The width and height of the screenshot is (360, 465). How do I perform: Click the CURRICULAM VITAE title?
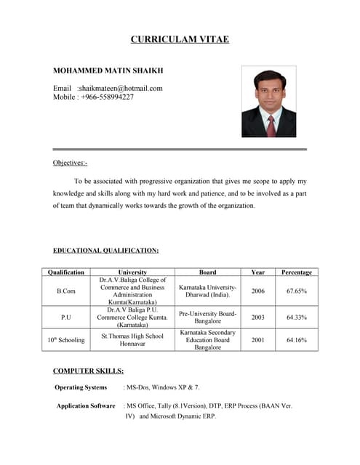coord(180,39)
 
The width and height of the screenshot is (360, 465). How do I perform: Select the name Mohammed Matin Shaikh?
coord(108,71)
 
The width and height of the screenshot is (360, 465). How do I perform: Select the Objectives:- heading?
coord(70,163)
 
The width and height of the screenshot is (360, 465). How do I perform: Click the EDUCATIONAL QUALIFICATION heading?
coord(105,251)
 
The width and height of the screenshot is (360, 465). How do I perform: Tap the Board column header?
coord(207,272)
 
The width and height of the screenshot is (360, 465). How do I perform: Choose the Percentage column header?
coord(296,272)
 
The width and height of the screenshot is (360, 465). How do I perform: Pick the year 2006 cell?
coord(257,291)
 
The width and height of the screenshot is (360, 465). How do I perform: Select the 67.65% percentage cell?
coord(296,291)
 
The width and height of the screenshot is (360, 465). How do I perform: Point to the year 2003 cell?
coord(257,317)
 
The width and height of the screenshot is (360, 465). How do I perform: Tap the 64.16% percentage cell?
coord(296,339)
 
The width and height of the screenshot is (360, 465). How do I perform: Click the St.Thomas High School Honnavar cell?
coord(132,339)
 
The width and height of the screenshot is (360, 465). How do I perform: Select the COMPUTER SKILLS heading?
coord(88,371)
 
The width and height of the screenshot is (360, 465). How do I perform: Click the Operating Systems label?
coord(81,387)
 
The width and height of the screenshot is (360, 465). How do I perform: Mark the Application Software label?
coord(86,406)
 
